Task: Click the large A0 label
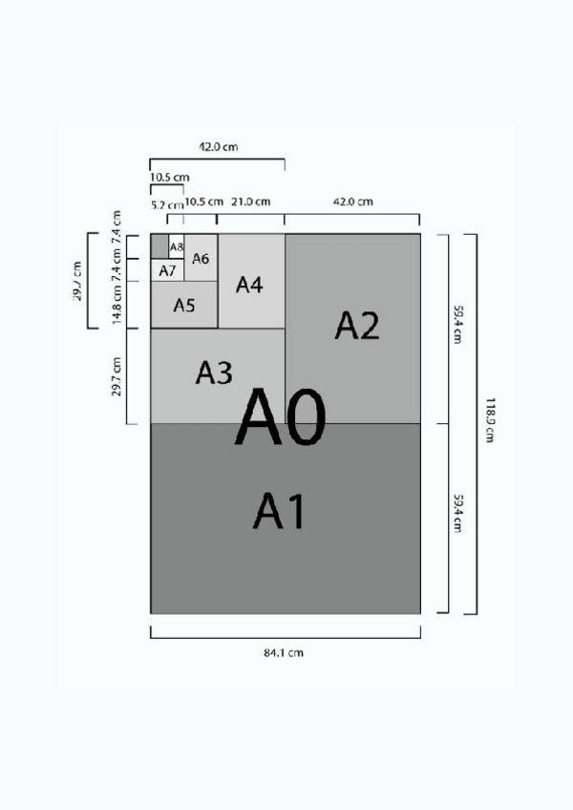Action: click(281, 417)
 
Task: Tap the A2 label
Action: click(357, 326)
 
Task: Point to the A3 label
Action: click(214, 373)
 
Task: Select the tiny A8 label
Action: click(176, 247)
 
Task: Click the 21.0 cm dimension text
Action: click(251, 202)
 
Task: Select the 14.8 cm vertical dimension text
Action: click(117, 306)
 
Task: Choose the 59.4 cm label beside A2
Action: click(458, 326)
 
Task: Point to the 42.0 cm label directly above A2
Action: click(352, 202)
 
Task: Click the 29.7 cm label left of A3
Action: click(117, 376)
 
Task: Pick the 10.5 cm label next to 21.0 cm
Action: click(203, 202)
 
